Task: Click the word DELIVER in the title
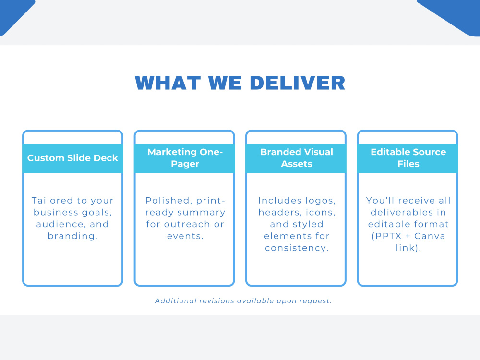pos(298,83)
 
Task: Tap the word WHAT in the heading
pos(168,83)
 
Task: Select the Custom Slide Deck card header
pos(72,158)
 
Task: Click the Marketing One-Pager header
pos(185,158)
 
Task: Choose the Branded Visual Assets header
pos(296,158)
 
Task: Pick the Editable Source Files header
pos(408,158)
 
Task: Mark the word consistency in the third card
pos(297,248)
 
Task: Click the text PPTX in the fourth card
pos(386,236)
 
